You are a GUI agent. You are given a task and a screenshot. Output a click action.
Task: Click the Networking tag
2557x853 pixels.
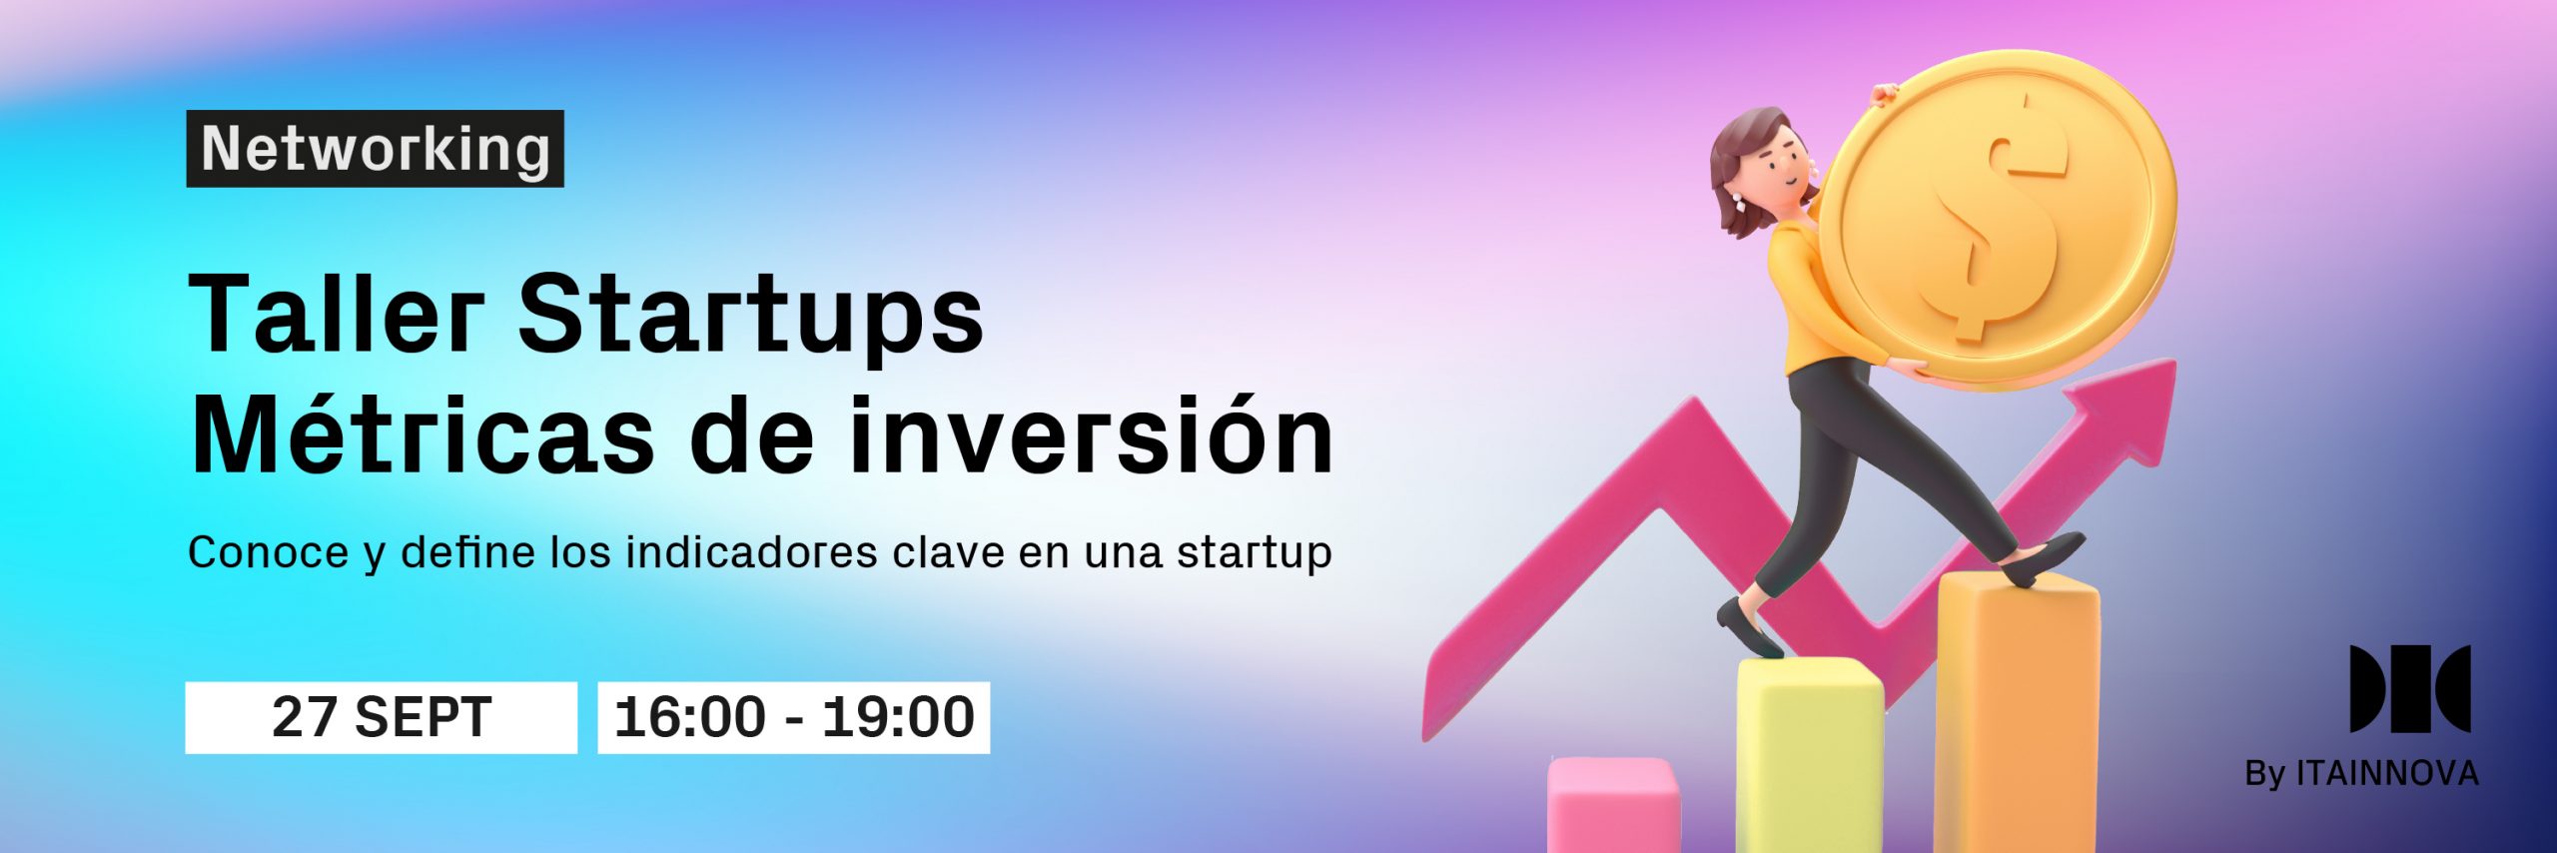(x=375, y=149)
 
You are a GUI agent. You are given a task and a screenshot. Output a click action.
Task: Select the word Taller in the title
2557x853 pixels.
(x=336, y=314)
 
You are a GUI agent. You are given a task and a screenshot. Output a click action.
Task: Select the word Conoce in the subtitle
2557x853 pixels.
(x=268, y=552)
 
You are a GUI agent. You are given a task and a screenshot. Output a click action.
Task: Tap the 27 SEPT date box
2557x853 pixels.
(x=382, y=717)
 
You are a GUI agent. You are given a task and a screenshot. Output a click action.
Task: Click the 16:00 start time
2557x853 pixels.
(x=690, y=717)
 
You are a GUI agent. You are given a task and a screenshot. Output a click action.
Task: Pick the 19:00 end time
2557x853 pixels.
(x=898, y=717)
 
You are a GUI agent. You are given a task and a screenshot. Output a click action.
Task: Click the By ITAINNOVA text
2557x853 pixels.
(x=2361, y=774)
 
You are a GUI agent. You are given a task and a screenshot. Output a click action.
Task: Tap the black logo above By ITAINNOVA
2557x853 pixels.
(x=2410, y=689)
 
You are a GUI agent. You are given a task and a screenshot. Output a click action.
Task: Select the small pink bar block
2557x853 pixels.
(x=1613, y=804)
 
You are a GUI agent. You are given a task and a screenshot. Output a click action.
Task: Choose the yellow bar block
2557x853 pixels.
(x=1809, y=754)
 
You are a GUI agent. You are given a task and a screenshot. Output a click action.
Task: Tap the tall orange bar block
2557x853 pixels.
(x=2018, y=714)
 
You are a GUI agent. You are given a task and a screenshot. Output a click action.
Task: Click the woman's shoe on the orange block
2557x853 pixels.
(x=2044, y=558)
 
